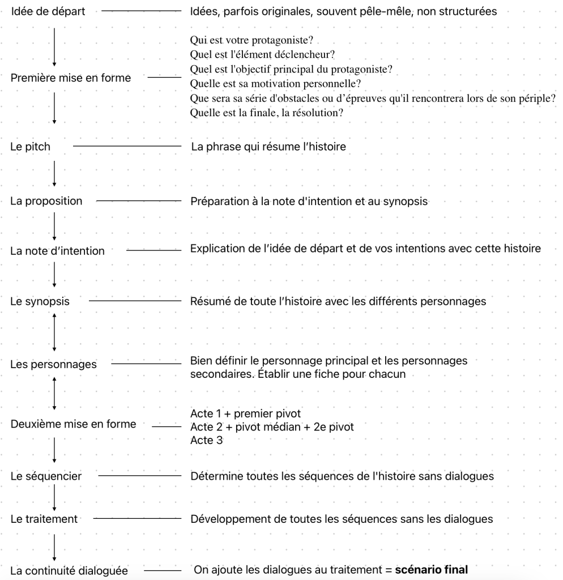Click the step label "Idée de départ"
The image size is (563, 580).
pos(48,11)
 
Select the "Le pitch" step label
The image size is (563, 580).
pos(30,147)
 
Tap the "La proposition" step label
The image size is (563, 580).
pos(46,201)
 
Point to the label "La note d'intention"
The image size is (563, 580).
pos(57,251)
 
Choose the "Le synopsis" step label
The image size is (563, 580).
pos(40,301)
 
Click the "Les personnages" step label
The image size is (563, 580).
pos(53,364)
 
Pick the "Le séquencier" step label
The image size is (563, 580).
pos(46,476)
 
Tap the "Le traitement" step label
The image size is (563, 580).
pos(44,519)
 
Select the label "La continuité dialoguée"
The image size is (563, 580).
pos(69,570)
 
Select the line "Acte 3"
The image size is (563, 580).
pos(206,440)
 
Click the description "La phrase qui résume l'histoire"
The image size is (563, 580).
pos(268,147)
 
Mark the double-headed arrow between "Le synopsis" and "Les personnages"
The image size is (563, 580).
pos(54,332)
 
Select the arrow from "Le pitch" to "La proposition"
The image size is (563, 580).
pos(54,173)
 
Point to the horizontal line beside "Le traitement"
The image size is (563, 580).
pos(136,518)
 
